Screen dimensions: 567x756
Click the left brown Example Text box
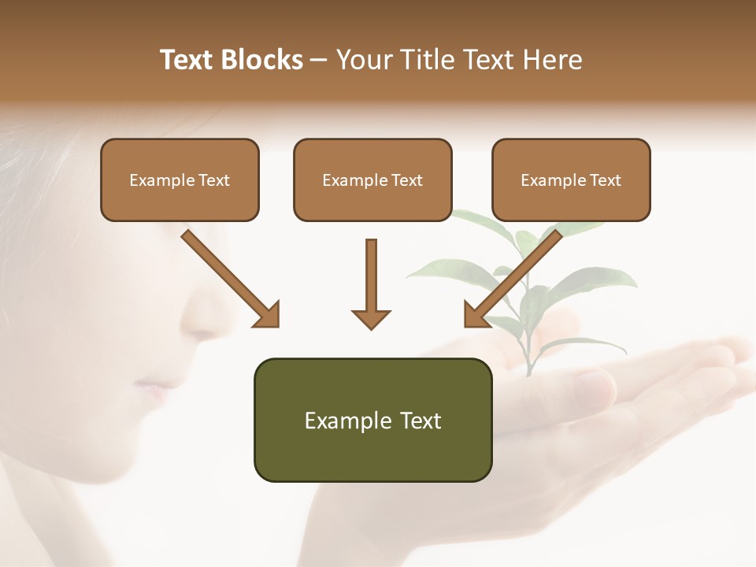coord(180,180)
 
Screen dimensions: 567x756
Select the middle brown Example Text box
coord(372,180)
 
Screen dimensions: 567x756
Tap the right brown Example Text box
coord(571,180)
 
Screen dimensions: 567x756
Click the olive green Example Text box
coord(372,420)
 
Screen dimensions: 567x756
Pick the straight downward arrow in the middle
coord(371,283)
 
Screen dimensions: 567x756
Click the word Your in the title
coord(365,60)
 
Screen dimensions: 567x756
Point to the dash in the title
coord(319,60)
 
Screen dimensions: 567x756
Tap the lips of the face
coord(154,390)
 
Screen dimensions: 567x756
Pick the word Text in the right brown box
coord(606,180)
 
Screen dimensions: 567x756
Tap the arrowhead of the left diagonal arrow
coord(266,315)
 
